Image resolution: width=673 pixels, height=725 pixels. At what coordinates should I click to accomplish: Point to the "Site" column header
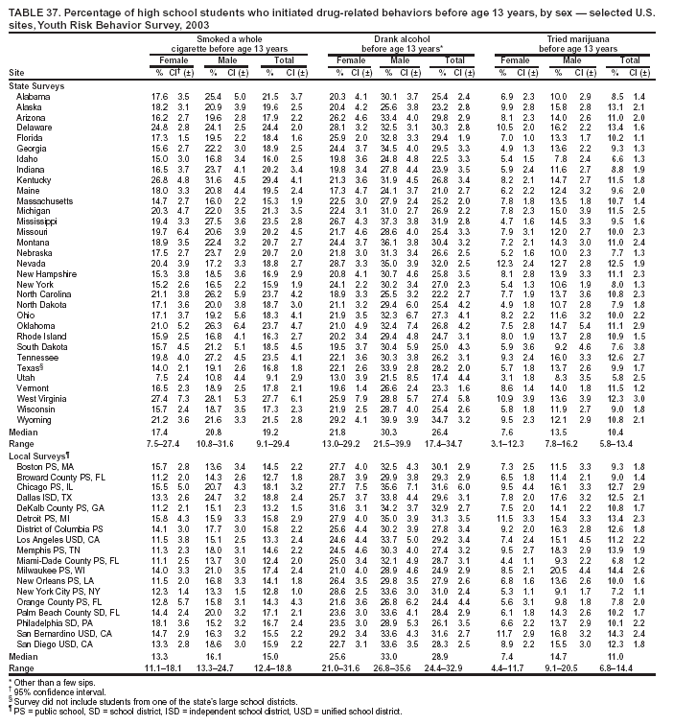click(x=17, y=73)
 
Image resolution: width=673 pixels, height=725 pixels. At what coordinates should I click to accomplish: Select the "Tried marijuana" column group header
click(x=578, y=36)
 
